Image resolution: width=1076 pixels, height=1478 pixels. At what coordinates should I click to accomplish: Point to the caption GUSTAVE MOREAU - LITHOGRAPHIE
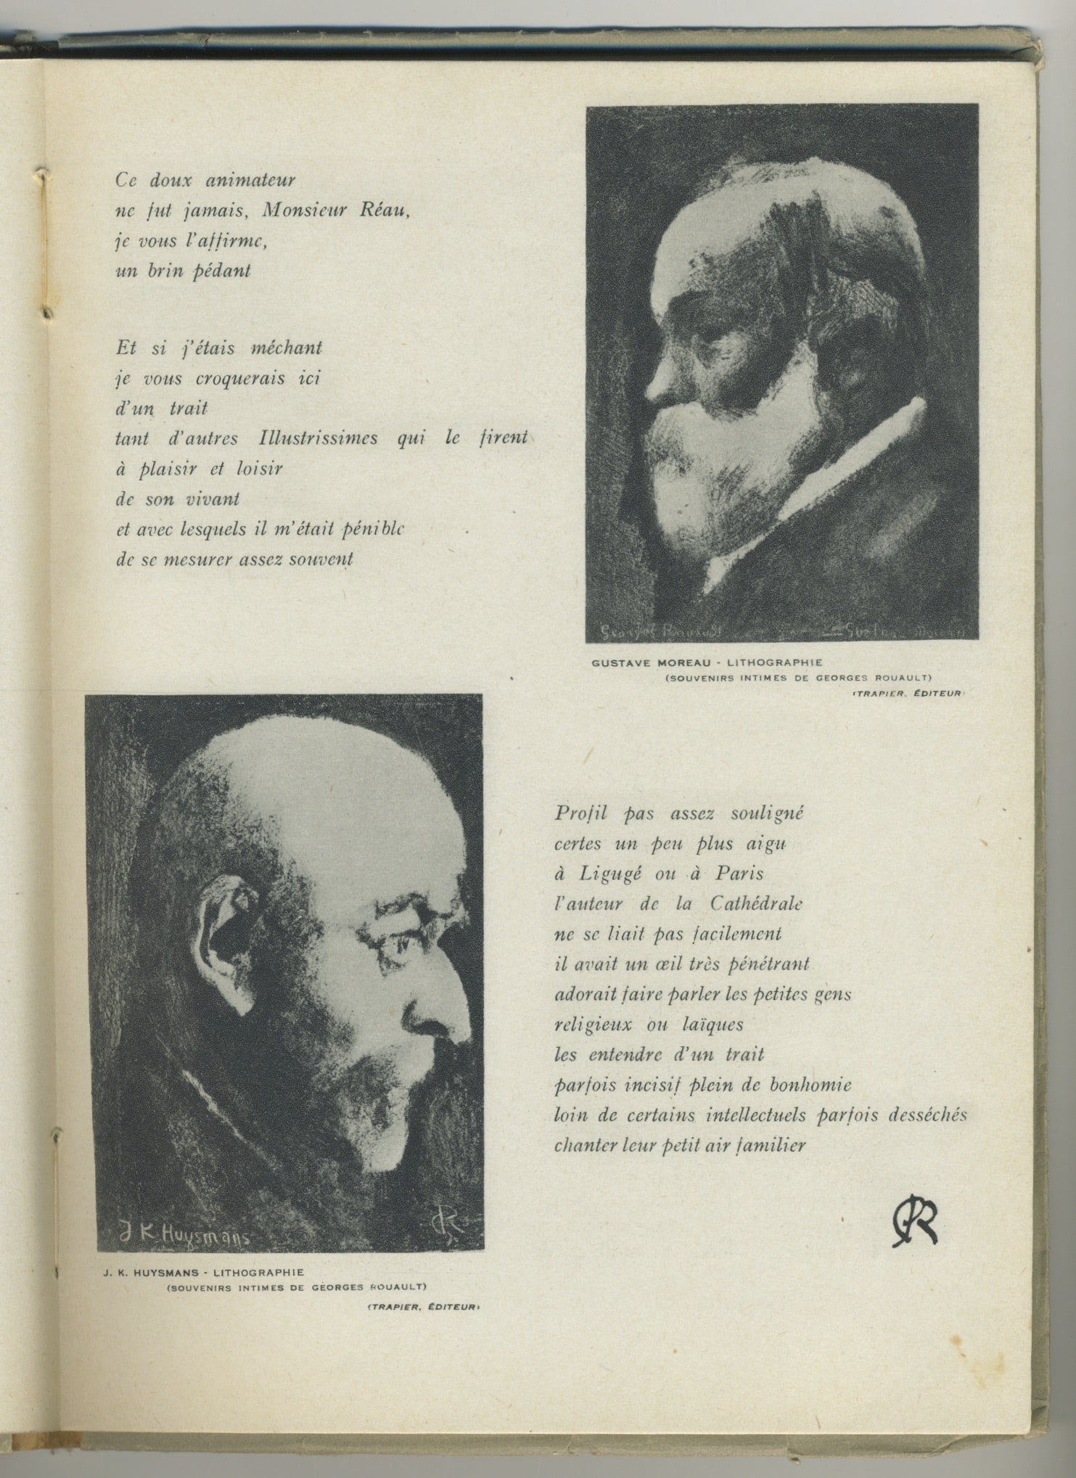point(707,662)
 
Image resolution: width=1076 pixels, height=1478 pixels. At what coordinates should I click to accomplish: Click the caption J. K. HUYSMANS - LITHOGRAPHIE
point(203,1272)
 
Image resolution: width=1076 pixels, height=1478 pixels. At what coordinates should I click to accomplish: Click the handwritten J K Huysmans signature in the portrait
point(184,1233)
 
